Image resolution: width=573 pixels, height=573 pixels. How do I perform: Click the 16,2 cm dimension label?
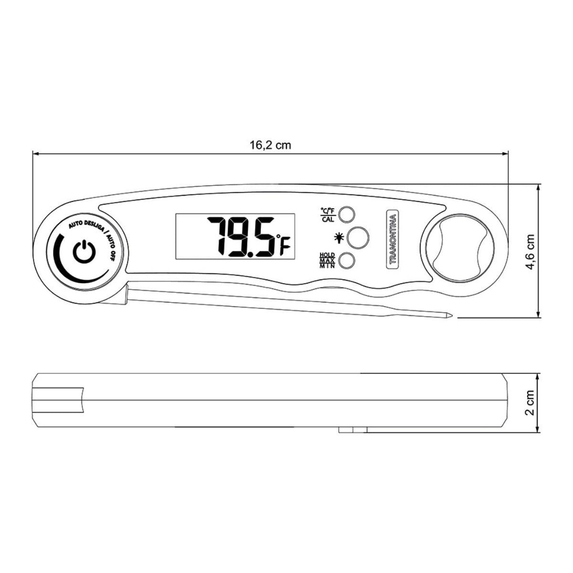(270, 145)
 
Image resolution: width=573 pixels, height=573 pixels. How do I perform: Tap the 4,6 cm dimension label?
(530, 252)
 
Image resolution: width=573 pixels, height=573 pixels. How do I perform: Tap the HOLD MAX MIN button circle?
(347, 261)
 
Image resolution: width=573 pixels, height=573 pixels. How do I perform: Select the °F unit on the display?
(283, 245)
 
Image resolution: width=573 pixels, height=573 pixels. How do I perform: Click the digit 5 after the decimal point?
(264, 237)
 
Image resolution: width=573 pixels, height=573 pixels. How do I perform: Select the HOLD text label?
(327, 255)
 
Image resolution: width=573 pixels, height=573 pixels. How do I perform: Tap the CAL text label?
(328, 220)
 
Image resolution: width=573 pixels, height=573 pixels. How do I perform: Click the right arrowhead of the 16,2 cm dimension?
(505, 153)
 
